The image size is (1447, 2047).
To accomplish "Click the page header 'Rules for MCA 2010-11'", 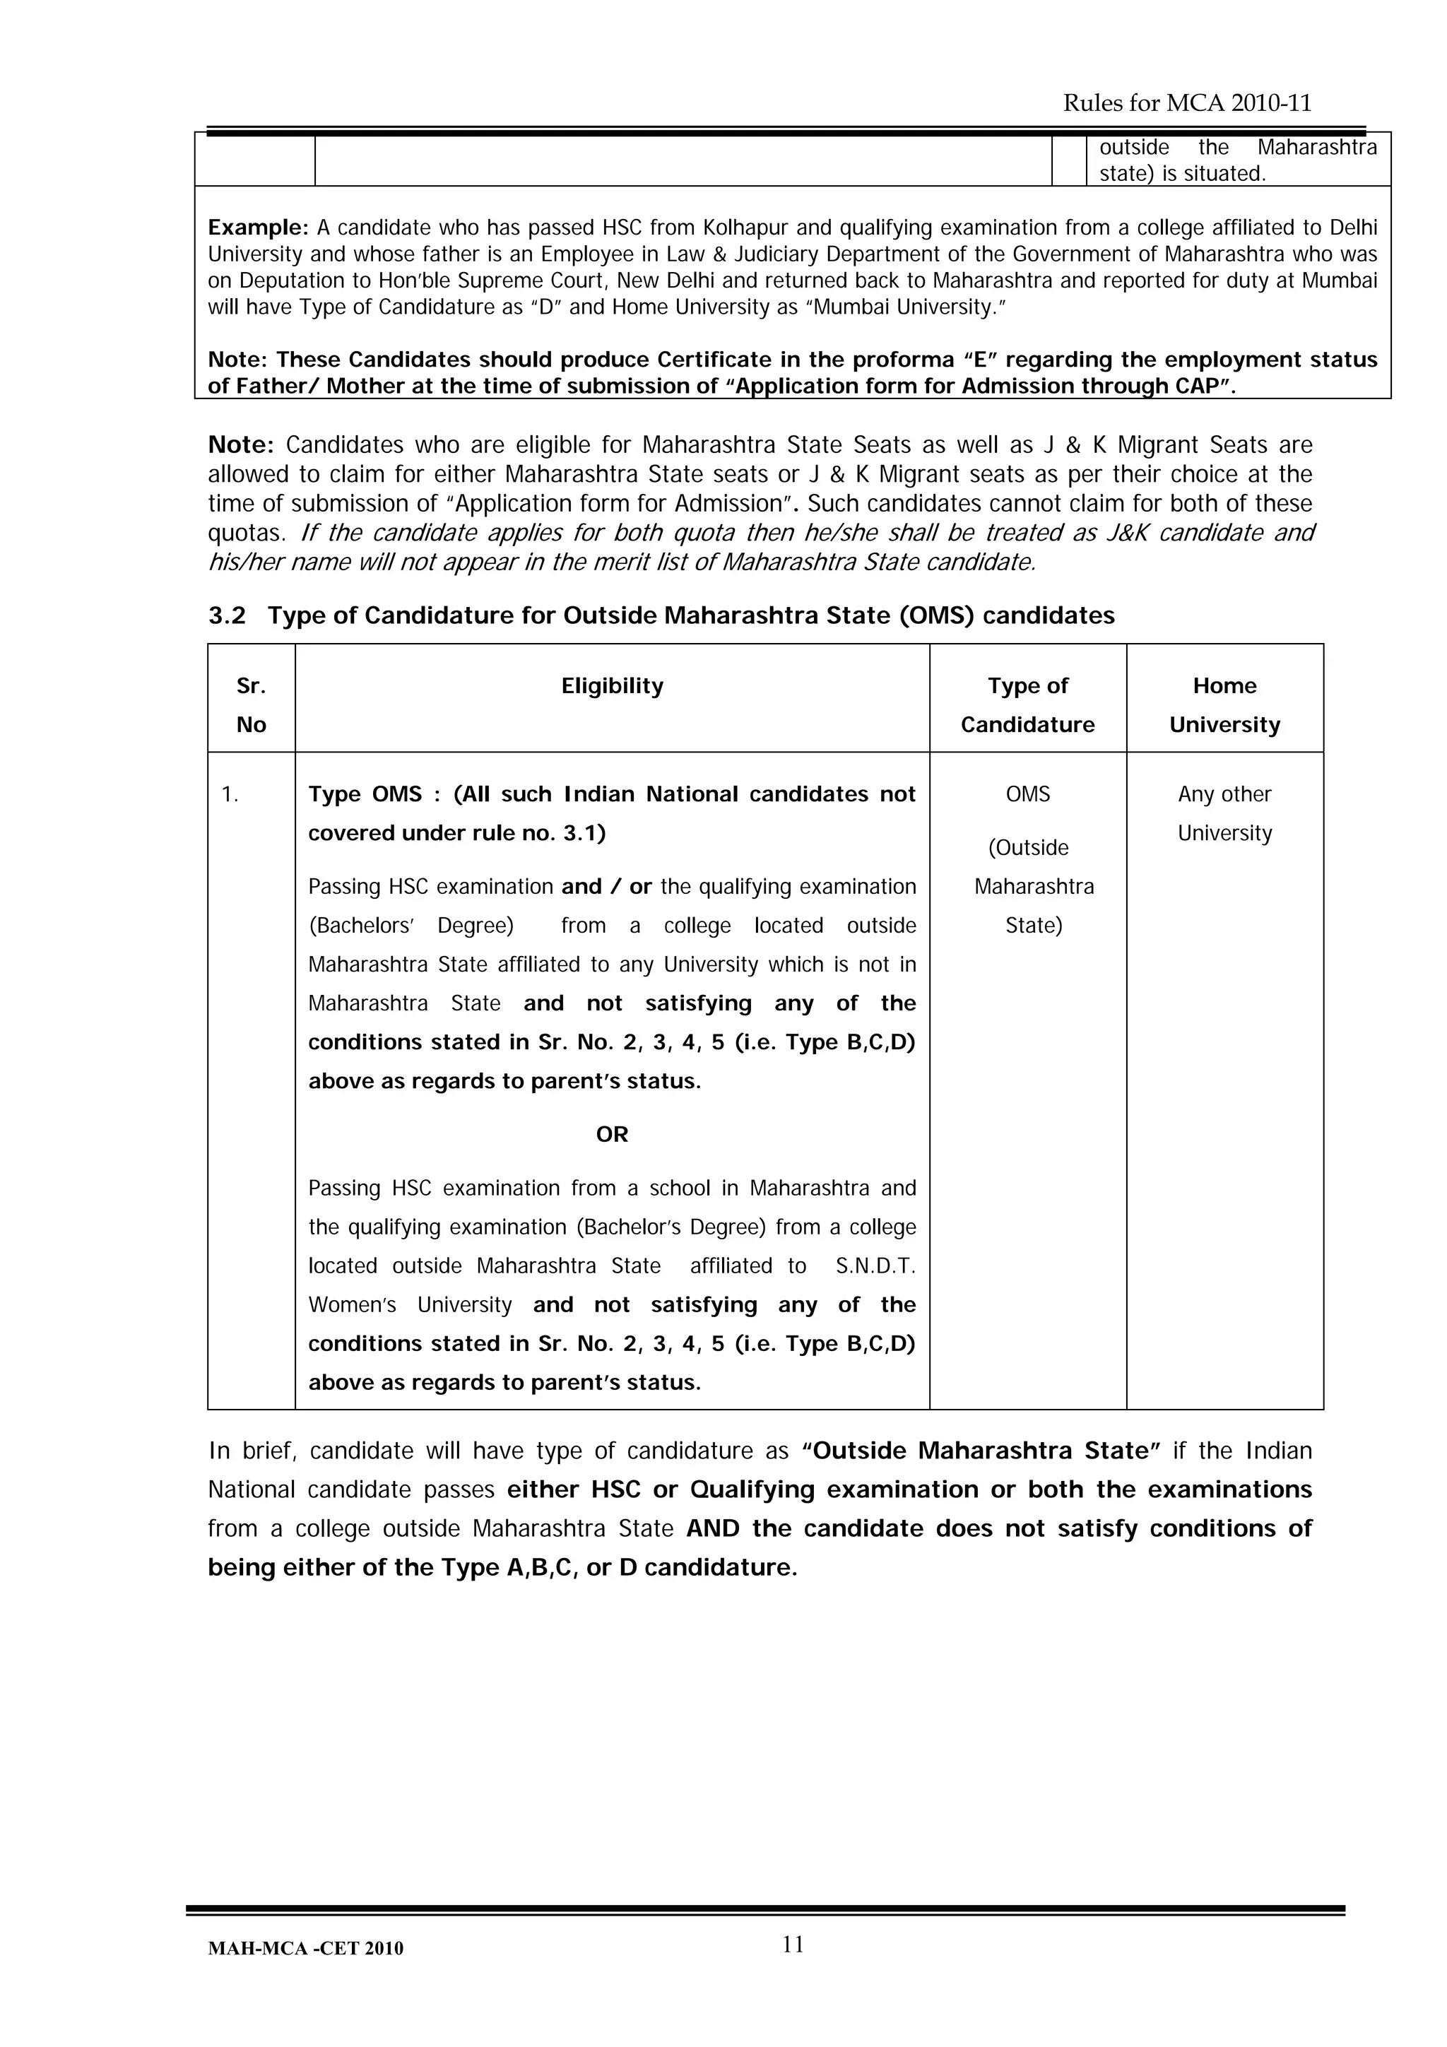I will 1187,103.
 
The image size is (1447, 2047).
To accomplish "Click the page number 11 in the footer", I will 793,1945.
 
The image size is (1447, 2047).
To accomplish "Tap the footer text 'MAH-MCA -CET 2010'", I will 305,1949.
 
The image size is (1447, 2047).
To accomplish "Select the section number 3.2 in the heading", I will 227,616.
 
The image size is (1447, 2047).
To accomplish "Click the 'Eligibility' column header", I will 612,685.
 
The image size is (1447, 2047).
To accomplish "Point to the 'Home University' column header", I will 1224,704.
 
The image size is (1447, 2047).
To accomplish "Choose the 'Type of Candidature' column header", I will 1027,704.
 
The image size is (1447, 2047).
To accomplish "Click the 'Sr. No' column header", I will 251,704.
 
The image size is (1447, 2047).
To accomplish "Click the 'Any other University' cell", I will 1224,813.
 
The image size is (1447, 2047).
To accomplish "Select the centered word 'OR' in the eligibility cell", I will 612,1134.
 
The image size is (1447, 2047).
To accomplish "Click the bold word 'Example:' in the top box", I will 258,228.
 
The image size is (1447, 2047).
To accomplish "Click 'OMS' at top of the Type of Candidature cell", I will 1027,794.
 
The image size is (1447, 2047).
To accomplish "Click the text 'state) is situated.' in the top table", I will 1181,174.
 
